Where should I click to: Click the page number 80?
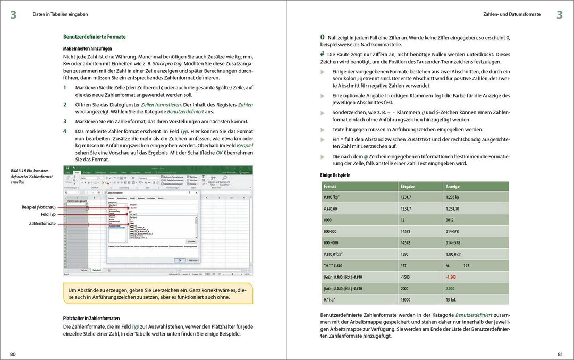coord(13,354)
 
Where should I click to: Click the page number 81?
coord(560,354)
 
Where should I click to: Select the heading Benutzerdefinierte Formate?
coord(94,37)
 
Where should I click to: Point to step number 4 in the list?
coord(65,131)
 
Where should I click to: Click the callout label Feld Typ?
coord(48,214)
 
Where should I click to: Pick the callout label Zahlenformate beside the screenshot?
coord(43,224)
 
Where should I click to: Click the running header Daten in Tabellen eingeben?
coord(60,14)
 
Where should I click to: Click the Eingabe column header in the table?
coord(408,187)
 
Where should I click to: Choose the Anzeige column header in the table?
coord(453,187)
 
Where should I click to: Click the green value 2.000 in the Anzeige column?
coord(451,288)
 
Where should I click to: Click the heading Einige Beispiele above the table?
coord(335,175)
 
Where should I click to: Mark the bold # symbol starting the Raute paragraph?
coord(322,54)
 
